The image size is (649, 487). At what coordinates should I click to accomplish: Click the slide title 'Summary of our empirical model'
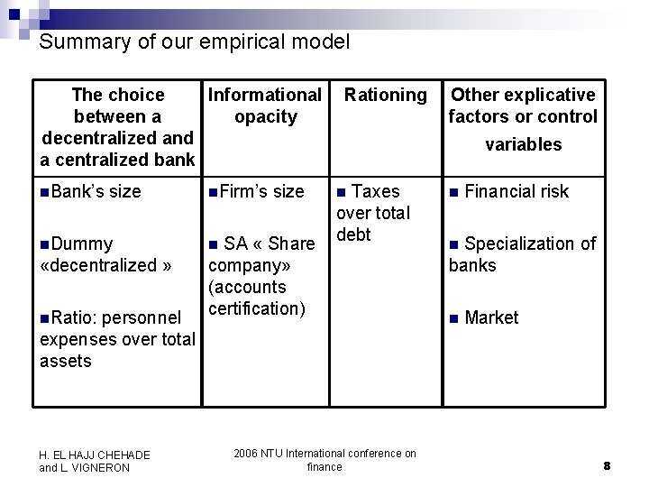[194, 41]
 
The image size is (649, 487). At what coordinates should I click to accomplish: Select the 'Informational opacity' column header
[265, 106]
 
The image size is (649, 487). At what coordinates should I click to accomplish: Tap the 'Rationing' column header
[386, 95]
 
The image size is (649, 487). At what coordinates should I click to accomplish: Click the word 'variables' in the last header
[523, 144]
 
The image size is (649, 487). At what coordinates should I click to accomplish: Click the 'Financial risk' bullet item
[516, 191]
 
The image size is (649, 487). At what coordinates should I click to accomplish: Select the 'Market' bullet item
[491, 317]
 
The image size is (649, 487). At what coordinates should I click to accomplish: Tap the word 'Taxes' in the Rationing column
[375, 191]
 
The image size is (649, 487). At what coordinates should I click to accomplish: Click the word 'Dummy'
[83, 243]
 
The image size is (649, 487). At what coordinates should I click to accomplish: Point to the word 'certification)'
[257, 308]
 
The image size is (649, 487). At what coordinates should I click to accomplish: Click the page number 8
[607, 465]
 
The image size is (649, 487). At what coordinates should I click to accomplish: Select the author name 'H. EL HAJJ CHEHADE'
[95, 455]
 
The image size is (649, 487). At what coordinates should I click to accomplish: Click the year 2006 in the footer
[245, 454]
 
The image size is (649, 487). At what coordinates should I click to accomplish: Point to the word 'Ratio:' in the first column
[77, 317]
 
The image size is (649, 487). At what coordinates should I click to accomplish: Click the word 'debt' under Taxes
[353, 234]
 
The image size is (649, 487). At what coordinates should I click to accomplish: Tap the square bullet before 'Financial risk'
[454, 192]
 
